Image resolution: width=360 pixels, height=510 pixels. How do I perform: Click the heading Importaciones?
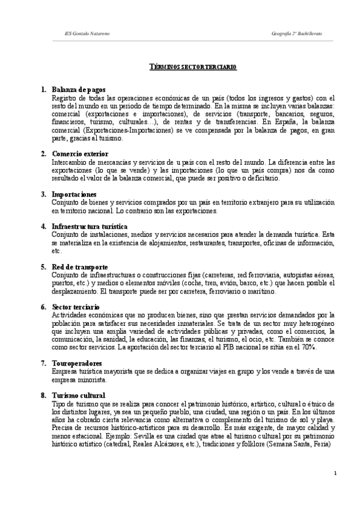pos(74,194)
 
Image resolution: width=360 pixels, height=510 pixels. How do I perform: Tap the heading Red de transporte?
pos(80,266)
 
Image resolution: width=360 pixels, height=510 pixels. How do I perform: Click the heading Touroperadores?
pos(76,363)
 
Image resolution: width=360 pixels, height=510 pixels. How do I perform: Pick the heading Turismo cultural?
pos(79,395)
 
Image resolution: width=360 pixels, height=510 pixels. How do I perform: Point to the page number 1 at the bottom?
pos(335,473)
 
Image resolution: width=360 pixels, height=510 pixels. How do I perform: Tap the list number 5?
pos(43,266)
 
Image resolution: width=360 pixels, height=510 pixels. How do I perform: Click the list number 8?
pos(43,395)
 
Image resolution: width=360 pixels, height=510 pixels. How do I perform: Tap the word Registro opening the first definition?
pos(65,98)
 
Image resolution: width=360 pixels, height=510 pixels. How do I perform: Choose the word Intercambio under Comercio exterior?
pos(70,162)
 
